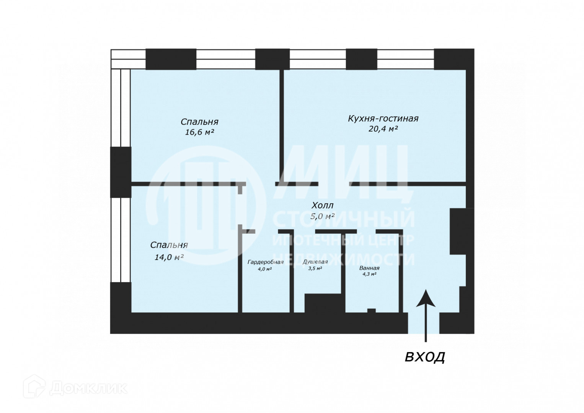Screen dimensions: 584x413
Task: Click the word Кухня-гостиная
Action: pyautogui.click(x=383, y=119)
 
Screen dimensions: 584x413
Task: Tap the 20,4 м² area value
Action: pyautogui.click(x=383, y=129)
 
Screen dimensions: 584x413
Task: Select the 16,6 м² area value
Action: pyautogui.click(x=199, y=132)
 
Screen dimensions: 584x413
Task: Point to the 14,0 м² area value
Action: pyautogui.click(x=169, y=257)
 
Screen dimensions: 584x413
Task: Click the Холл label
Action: pyautogui.click(x=322, y=206)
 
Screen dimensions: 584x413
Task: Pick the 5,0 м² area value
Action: pyautogui.click(x=322, y=216)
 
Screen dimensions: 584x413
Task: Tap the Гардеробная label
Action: pyautogui.click(x=265, y=262)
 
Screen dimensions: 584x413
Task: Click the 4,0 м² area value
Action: pyautogui.click(x=265, y=269)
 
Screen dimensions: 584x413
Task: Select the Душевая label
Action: pyautogui.click(x=315, y=262)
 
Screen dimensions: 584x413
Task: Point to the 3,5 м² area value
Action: pyautogui.click(x=315, y=268)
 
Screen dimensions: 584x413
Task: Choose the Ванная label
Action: pyautogui.click(x=369, y=268)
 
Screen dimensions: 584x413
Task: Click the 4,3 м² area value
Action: pyautogui.click(x=369, y=274)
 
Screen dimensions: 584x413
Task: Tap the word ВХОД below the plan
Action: pyautogui.click(x=425, y=357)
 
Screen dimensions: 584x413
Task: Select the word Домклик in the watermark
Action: pyautogui.click(x=88, y=389)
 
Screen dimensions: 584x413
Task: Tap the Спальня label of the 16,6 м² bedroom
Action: pyautogui.click(x=199, y=122)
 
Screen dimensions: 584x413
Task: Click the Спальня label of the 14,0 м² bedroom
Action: pyautogui.click(x=169, y=245)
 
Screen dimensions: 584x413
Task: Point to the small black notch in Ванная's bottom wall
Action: pyautogui.click(x=371, y=310)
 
